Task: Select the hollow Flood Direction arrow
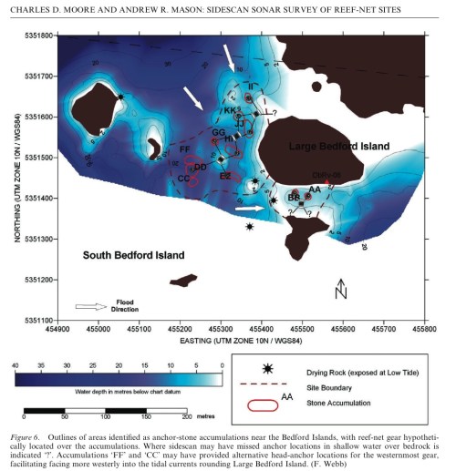point(91,306)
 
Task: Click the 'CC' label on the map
point(182,179)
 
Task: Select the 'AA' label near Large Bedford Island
point(314,189)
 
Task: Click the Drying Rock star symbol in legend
point(266,369)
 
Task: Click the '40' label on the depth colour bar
point(15,364)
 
